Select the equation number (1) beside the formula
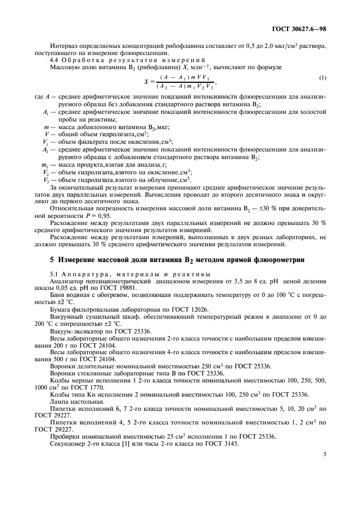323,77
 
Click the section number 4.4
55,59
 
